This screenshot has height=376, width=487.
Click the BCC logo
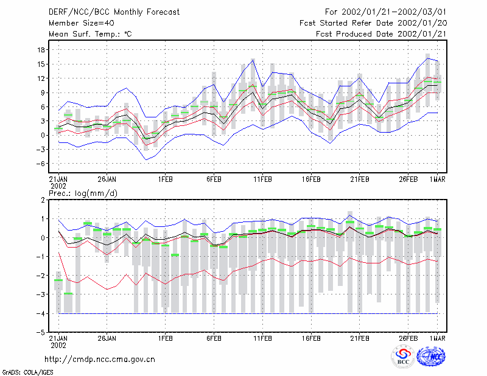(x=403, y=357)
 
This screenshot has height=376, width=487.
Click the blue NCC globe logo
(x=431, y=357)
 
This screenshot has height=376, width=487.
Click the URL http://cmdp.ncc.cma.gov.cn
(x=100, y=360)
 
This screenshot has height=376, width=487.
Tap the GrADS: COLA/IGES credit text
(x=27, y=372)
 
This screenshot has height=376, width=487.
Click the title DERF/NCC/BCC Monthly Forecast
(x=114, y=12)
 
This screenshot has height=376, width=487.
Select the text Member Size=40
(x=82, y=23)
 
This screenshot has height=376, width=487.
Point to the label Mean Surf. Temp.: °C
(x=90, y=34)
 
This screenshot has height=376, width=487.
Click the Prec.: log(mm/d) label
(x=83, y=193)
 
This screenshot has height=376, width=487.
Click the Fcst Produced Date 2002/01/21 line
(x=381, y=34)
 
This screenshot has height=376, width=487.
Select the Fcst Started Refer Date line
(x=373, y=23)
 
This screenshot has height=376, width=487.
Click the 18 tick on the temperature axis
(x=41, y=50)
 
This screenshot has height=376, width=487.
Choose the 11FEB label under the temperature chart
(x=262, y=179)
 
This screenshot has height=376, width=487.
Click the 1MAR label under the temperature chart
(x=437, y=179)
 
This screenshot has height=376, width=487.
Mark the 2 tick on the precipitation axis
(x=43, y=200)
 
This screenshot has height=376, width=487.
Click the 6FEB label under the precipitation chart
(x=214, y=338)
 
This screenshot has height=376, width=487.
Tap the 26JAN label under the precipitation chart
(x=107, y=338)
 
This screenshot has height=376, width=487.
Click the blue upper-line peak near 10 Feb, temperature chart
(x=253, y=60)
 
